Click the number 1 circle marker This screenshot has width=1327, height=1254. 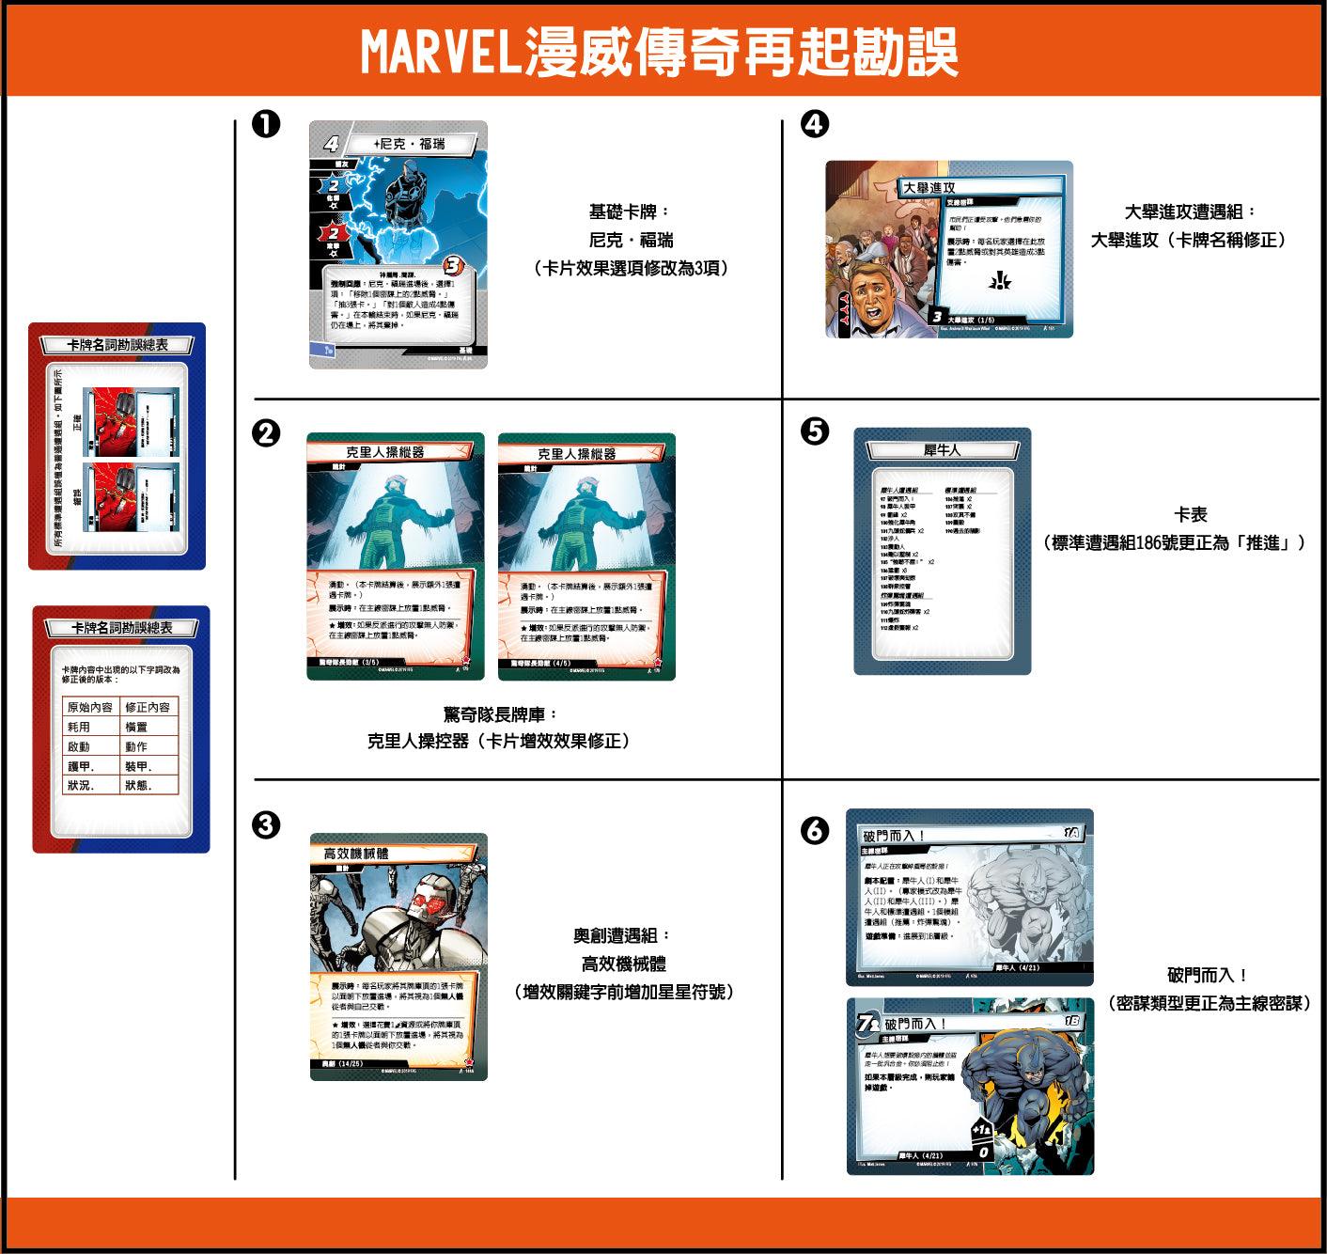click(267, 123)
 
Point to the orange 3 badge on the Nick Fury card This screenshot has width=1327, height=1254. click(454, 265)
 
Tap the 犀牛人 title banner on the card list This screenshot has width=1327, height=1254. click(942, 450)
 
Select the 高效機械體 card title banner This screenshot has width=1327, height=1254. click(357, 854)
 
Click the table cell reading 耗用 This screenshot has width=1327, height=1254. click(79, 727)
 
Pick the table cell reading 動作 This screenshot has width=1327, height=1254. click(136, 746)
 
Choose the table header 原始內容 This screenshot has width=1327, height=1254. click(90, 707)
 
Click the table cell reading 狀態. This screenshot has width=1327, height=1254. click(137, 785)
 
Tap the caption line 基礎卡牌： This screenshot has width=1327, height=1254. click(631, 212)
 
